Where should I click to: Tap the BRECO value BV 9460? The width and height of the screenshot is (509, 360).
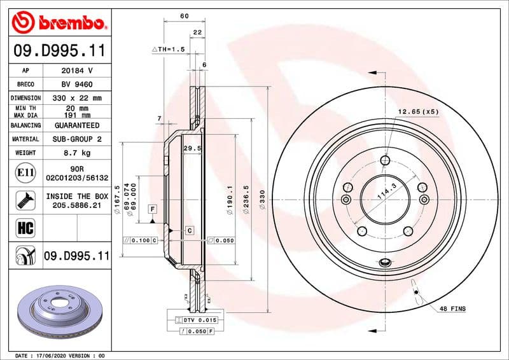(x=77, y=85)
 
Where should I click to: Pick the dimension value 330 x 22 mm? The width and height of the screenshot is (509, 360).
(x=77, y=99)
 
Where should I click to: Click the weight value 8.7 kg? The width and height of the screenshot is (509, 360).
(x=77, y=153)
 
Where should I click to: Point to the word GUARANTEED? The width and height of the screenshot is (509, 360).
(x=77, y=126)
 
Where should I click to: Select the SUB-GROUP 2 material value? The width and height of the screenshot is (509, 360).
(x=77, y=139)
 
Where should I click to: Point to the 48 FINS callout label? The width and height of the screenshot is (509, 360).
(x=452, y=308)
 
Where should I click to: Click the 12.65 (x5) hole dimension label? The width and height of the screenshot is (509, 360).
(x=418, y=112)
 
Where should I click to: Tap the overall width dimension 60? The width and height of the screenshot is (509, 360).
(x=184, y=16)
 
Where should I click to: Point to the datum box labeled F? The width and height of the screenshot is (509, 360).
(x=153, y=209)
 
